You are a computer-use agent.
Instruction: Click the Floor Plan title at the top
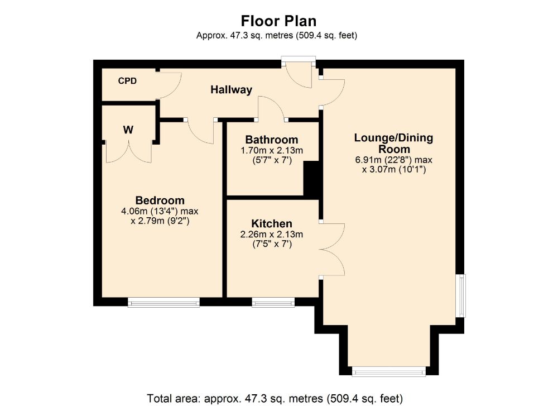(x=278, y=21)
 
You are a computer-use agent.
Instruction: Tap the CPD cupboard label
(x=127, y=81)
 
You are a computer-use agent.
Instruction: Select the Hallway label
(x=231, y=89)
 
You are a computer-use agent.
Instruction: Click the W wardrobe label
(x=128, y=130)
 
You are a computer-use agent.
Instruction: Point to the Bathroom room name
(x=272, y=140)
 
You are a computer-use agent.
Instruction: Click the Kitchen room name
(x=271, y=223)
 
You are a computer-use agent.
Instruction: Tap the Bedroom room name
(x=160, y=200)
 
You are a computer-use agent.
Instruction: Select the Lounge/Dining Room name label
(x=394, y=144)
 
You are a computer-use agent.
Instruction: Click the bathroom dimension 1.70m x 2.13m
(x=272, y=151)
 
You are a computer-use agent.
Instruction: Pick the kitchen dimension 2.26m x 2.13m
(x=271, y=234)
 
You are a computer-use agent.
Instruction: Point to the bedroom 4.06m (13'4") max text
(x=160, y=212)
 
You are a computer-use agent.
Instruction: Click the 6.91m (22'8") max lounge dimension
(x=394, y=160)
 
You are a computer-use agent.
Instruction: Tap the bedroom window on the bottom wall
(x=163, y=303)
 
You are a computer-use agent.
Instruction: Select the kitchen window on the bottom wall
(x=273, y=303)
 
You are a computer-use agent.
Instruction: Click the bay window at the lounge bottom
(x=389, y=370)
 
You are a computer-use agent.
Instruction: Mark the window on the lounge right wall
(x=460, y=295)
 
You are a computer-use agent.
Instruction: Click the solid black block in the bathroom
(x=310, y=178)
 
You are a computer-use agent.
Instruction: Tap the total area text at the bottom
(x=275, y=398)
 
